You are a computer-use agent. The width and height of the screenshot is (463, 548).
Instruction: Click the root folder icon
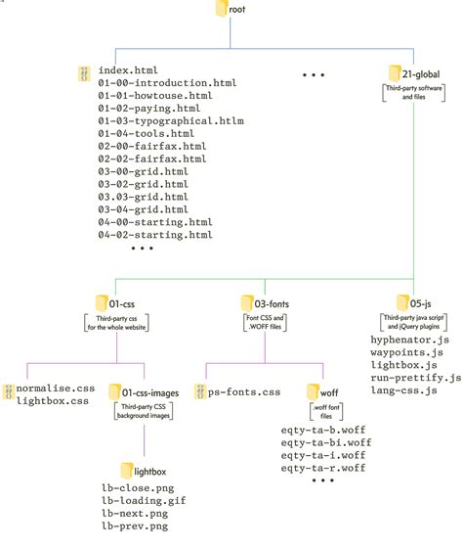click(x=217, y=11)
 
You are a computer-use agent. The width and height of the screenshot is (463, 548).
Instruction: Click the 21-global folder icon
click(x=396, y=72)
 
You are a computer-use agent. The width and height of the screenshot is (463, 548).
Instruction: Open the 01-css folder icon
click(x=103, y=301)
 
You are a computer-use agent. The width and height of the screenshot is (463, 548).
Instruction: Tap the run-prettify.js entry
click(x=415, y=377)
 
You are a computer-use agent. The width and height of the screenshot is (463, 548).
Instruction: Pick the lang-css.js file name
click(x=405, y=389)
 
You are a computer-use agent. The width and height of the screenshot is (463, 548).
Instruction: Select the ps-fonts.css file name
click(x=244, y=365)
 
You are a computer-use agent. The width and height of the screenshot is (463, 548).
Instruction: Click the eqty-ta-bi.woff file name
click(x=323, y=441)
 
